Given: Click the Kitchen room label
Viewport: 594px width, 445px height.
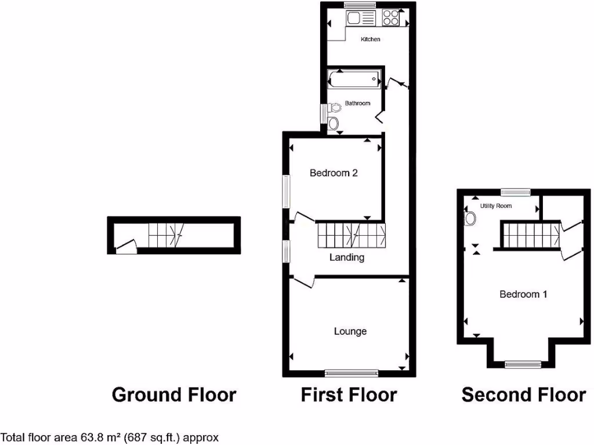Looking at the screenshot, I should [x=371, y=39].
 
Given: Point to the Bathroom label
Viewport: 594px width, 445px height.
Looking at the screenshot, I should [x=357, y=103].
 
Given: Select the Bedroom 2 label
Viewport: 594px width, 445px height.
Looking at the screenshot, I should [x=333, y=173].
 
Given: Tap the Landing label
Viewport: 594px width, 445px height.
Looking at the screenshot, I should [x=346, y=257].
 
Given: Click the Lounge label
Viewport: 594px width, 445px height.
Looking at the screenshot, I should [x=350, y=331].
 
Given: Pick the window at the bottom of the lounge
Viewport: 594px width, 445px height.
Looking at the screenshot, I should [x=352, y=373].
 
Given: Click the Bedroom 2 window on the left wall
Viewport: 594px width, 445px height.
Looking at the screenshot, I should [x=286, y=192].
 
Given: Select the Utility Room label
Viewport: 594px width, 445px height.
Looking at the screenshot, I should [x=495, y=206].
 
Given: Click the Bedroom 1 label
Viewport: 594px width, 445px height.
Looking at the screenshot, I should [x=523, y=294].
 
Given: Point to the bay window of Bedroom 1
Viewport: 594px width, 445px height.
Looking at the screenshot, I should [x=522, y=364].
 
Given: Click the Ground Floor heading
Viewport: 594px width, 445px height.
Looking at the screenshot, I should [x=173, y=395].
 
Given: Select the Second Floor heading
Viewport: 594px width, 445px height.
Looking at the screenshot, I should [x=523, y=395].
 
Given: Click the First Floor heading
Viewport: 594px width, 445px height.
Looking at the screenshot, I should [x=349, y=395].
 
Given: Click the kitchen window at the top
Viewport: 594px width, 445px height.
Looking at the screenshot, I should [x=360, y=5].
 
